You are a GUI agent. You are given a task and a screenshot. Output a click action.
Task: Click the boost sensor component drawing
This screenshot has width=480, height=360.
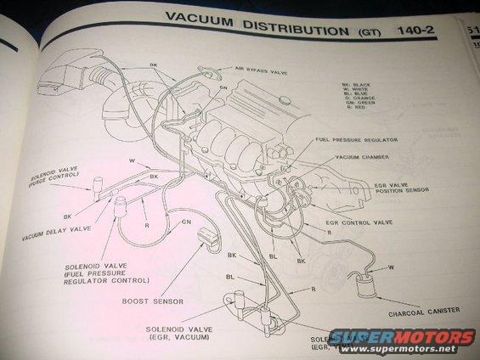[206, 240]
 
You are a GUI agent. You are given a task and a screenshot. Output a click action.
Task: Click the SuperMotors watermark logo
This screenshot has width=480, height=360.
[404, 340]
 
